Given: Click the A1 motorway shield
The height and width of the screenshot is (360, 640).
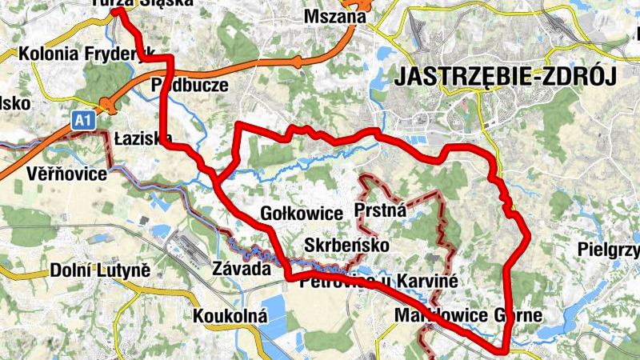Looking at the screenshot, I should point(83,120).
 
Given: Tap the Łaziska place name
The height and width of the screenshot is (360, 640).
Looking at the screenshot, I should point(143,138).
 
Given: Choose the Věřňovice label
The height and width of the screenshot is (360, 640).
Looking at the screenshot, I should point(66,173).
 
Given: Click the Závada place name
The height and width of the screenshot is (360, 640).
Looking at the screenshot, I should point(242,269).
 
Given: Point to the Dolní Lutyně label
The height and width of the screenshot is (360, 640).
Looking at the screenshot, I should point(100,270).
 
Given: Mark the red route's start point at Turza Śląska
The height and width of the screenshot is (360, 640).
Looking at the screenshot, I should point(117,11).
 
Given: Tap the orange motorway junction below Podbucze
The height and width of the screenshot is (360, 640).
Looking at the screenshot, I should point(106,104).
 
